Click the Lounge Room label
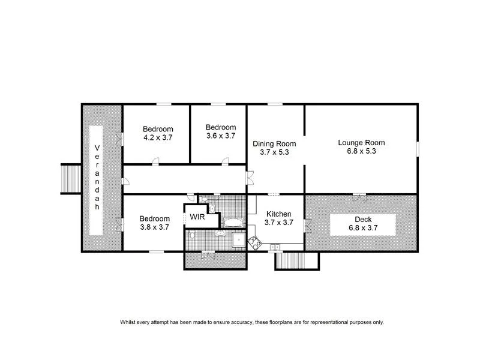click(x=361, y=143)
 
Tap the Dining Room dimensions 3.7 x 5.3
click(x=274, y=152)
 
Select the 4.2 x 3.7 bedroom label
click(x=158, y=137)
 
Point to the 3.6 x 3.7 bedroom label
click(x=220, y=136)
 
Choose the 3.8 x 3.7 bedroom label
click(x=154, y=227)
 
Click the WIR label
click(x=197, y=217)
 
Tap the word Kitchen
click(x=278, y=214)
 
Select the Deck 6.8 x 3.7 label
click(x=363, y=224)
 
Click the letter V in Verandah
click(x=97, y=148)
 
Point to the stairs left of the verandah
click(x=71, y=178)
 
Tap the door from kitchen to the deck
click(x=307, y=225)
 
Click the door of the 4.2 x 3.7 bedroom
click(x=155, y=161)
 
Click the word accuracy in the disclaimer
click(x=209, y=322)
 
